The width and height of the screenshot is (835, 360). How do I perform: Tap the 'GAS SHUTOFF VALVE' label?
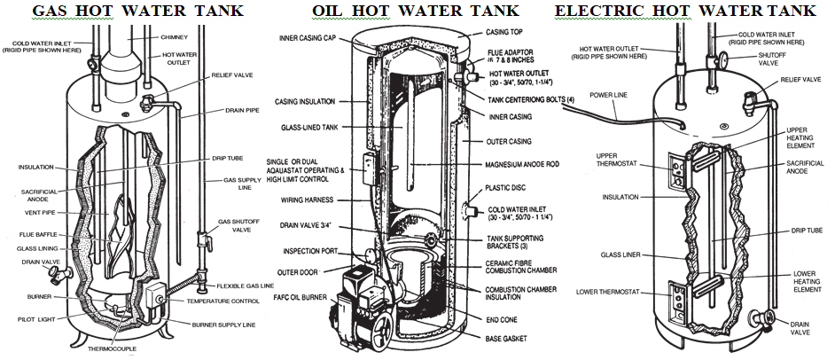coord(237,226)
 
